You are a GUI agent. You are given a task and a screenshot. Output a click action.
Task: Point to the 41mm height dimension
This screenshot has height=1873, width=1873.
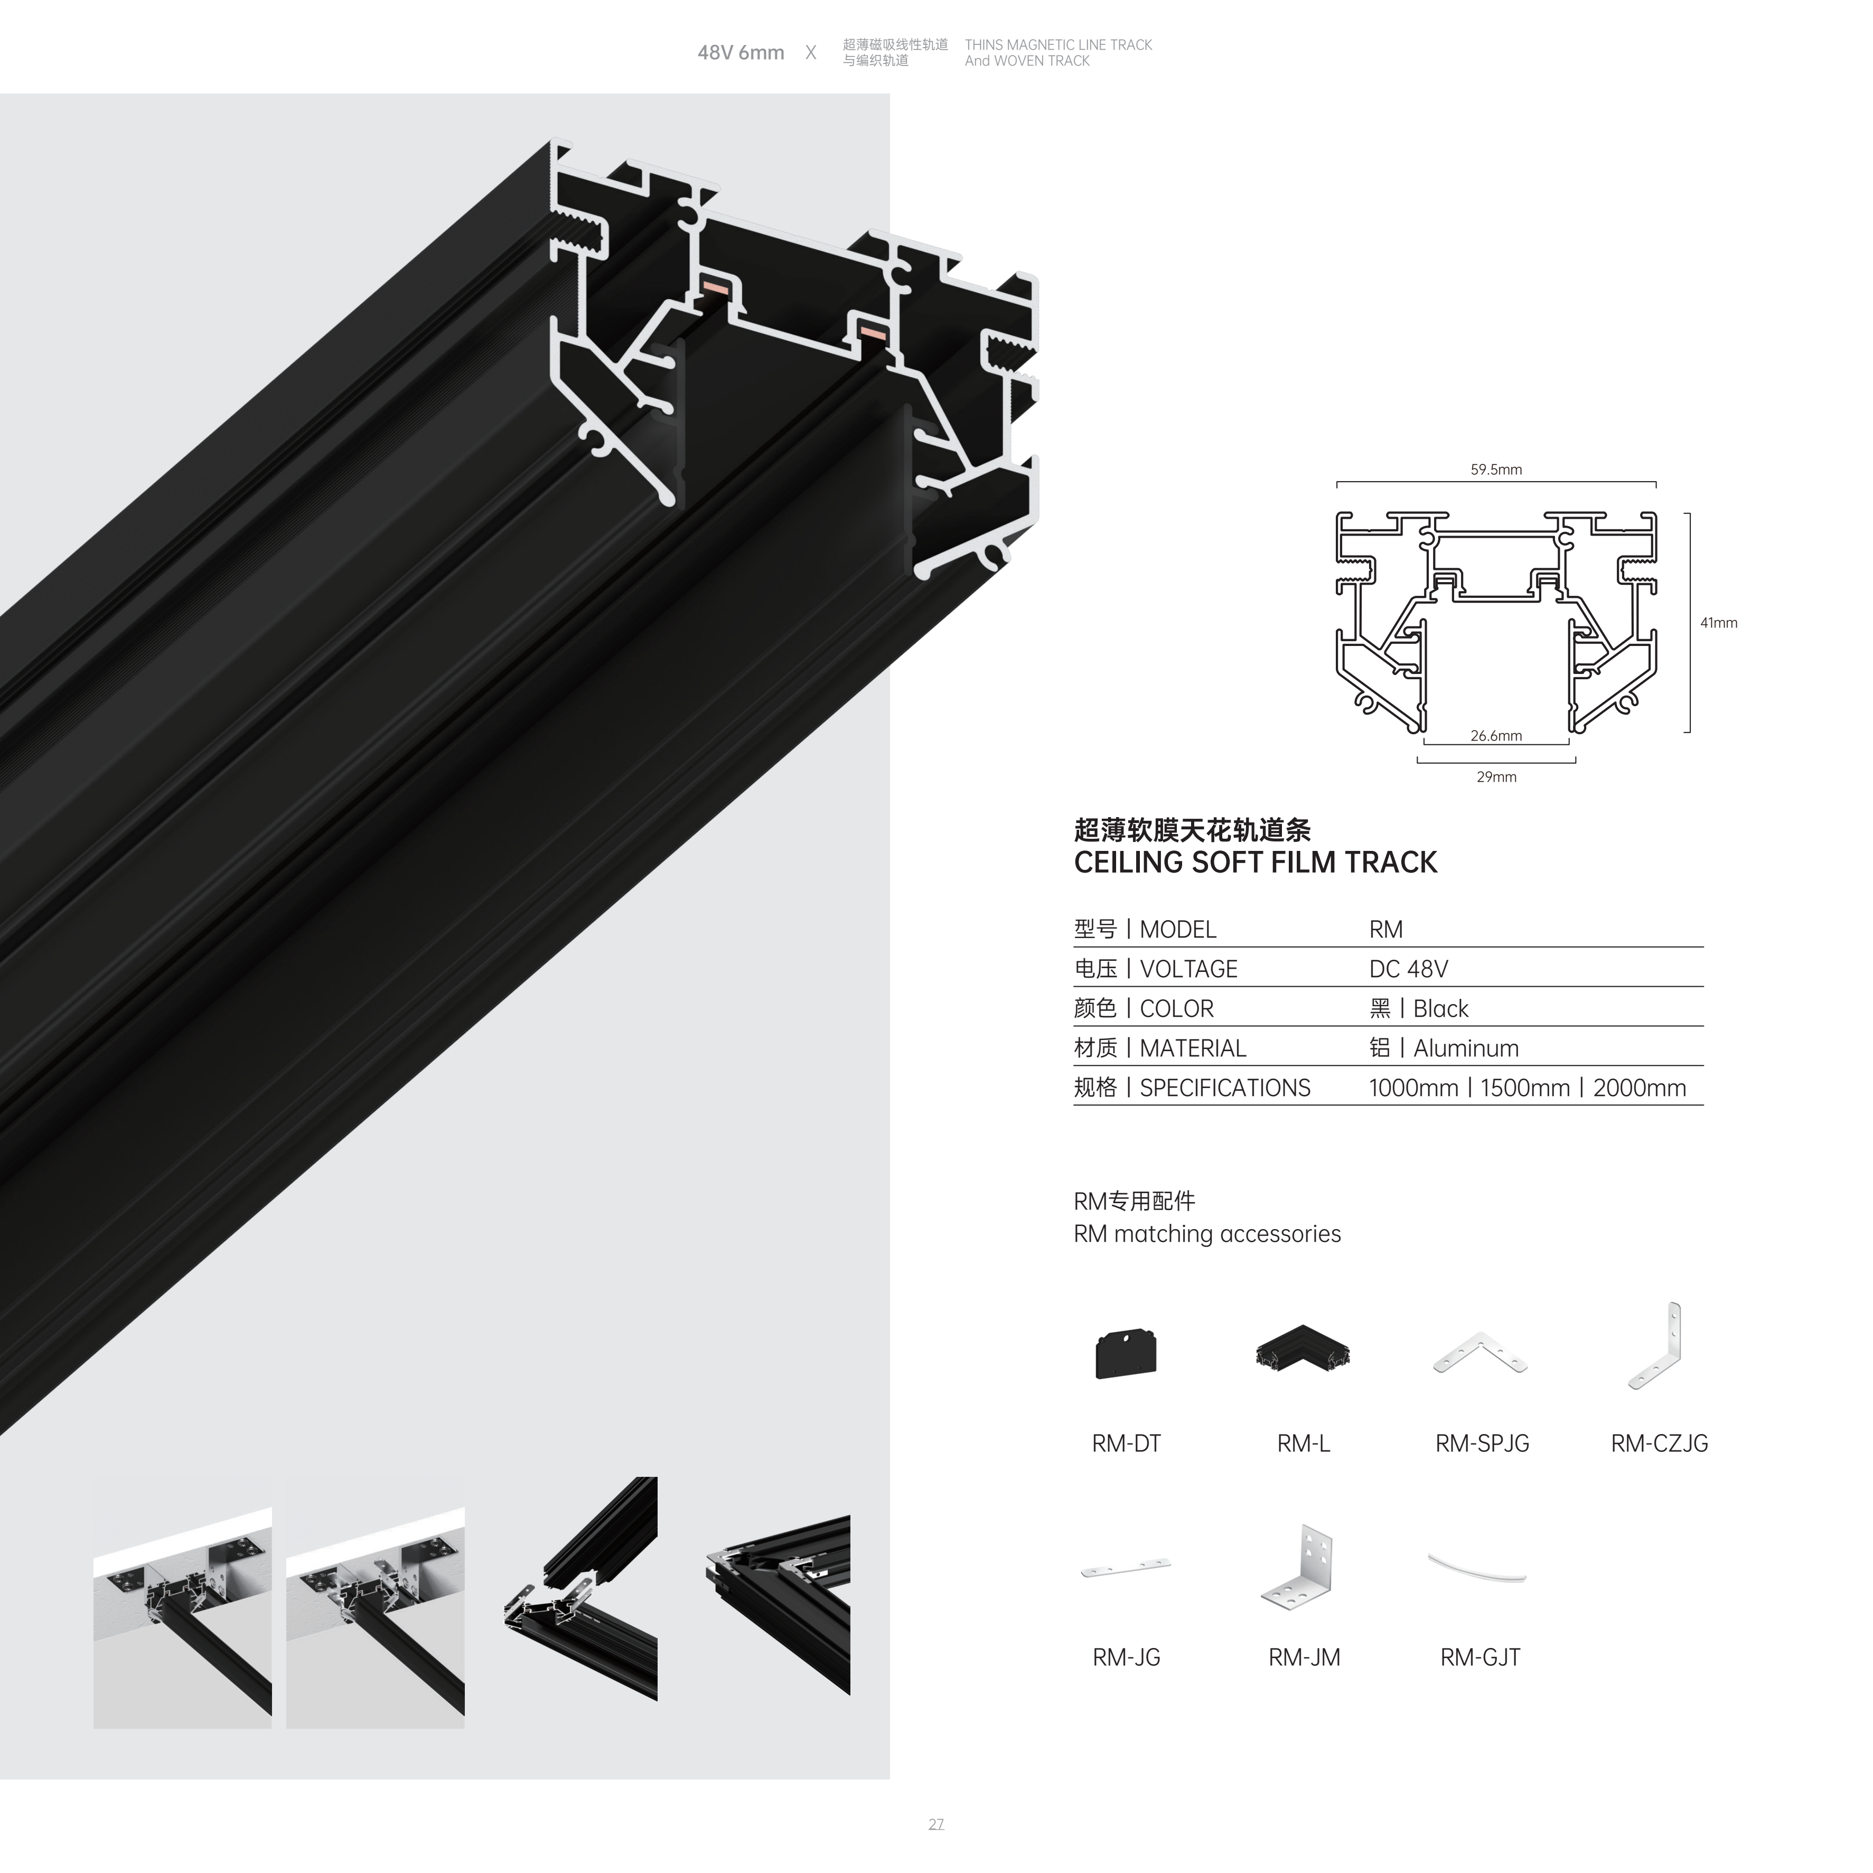1718,623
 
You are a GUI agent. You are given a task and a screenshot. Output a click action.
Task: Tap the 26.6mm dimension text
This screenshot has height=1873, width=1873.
1496,736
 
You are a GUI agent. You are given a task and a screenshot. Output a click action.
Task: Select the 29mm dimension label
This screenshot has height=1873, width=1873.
1496,776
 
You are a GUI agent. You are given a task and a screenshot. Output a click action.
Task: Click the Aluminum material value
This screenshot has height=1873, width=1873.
1466,1048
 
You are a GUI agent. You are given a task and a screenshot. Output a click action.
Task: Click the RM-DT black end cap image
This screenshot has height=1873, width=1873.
1126,1354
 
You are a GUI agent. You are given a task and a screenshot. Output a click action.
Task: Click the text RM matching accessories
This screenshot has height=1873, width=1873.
1207,1234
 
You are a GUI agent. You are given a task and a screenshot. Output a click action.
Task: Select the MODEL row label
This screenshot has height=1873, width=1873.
1178,930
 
